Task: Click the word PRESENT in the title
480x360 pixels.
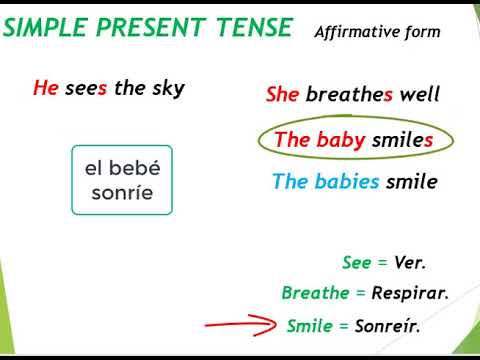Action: [x=152, y=28]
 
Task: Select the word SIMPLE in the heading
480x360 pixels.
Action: [x=46, y=28]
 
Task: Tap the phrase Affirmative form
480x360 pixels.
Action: [x=377, y=31]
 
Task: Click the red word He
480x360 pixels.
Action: [x=46, y=88]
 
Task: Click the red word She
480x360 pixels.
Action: [x=282, y=95]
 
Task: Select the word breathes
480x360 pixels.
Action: [x=350, y=95]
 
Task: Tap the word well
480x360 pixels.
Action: [x=420, y=95]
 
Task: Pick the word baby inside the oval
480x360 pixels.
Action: [x=341, y=140]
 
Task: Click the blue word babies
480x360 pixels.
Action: [x=346, y=182]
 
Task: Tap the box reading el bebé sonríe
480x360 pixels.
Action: [x=121, y=180]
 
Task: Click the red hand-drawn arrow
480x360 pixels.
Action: [x=241, y=324]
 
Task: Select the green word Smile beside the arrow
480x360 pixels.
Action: [x=308, y=326]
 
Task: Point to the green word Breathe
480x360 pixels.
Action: [x=315, y=294]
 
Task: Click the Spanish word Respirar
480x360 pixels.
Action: [x=409, y=294]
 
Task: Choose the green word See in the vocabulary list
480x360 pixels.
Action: [x=356, y=263]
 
